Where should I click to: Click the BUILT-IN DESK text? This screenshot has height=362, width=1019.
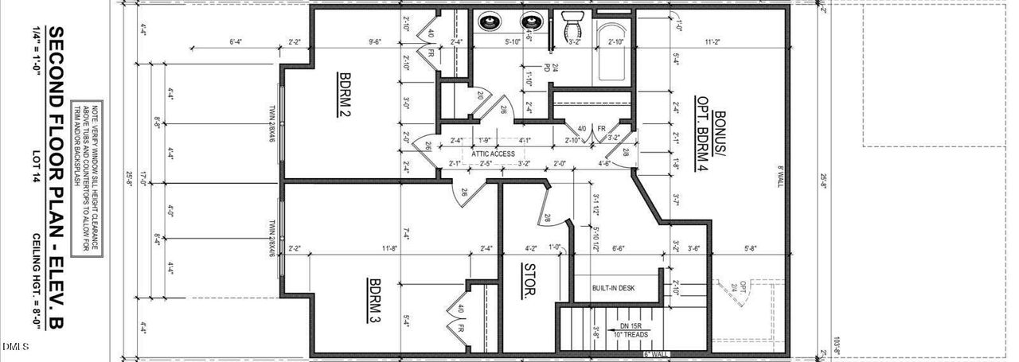613,288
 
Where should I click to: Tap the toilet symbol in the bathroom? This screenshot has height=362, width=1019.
573,26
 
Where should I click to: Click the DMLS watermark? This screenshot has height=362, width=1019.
15,347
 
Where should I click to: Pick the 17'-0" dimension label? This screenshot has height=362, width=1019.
143,181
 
